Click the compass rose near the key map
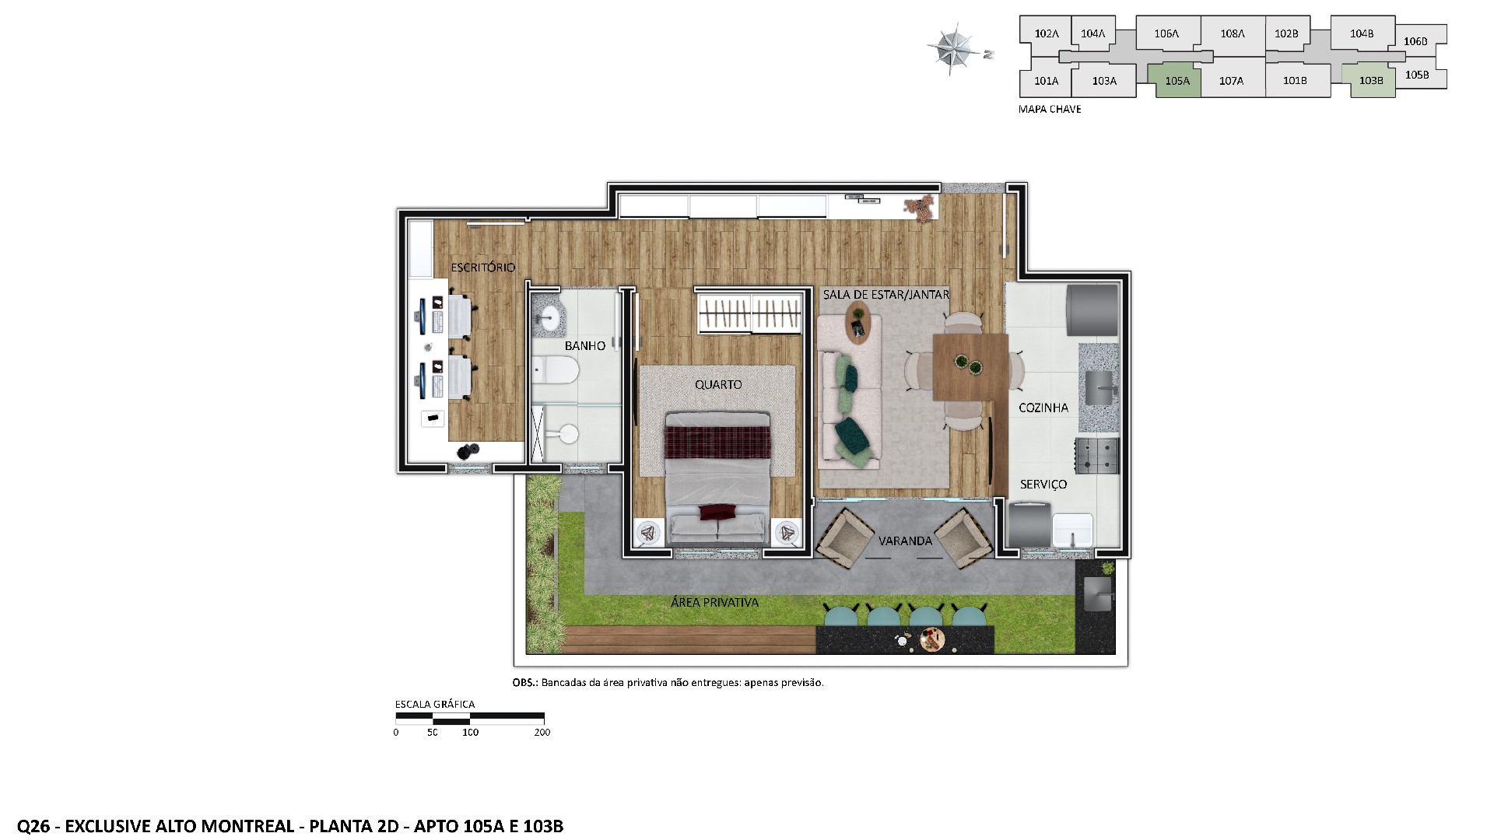[x=953, y=48]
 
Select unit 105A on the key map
[x=1177, y=81]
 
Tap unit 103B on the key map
[x=1371, y=81]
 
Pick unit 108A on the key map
[x=1233, y=33]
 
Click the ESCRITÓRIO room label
[x=482, y=268]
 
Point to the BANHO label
[x=585, y=346]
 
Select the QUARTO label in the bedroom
[x=718, y=384]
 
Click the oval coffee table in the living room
[x=858, y=322]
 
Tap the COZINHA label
[x=1043, y=408]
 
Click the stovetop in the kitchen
[x=1096, y=455]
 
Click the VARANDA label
[x=905, y=541]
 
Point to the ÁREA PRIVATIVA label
[x=714, y=602]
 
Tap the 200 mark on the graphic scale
[x=542, y=733]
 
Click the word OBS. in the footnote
[x=524, y=683]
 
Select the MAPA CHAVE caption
[x=1050, y=110]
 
